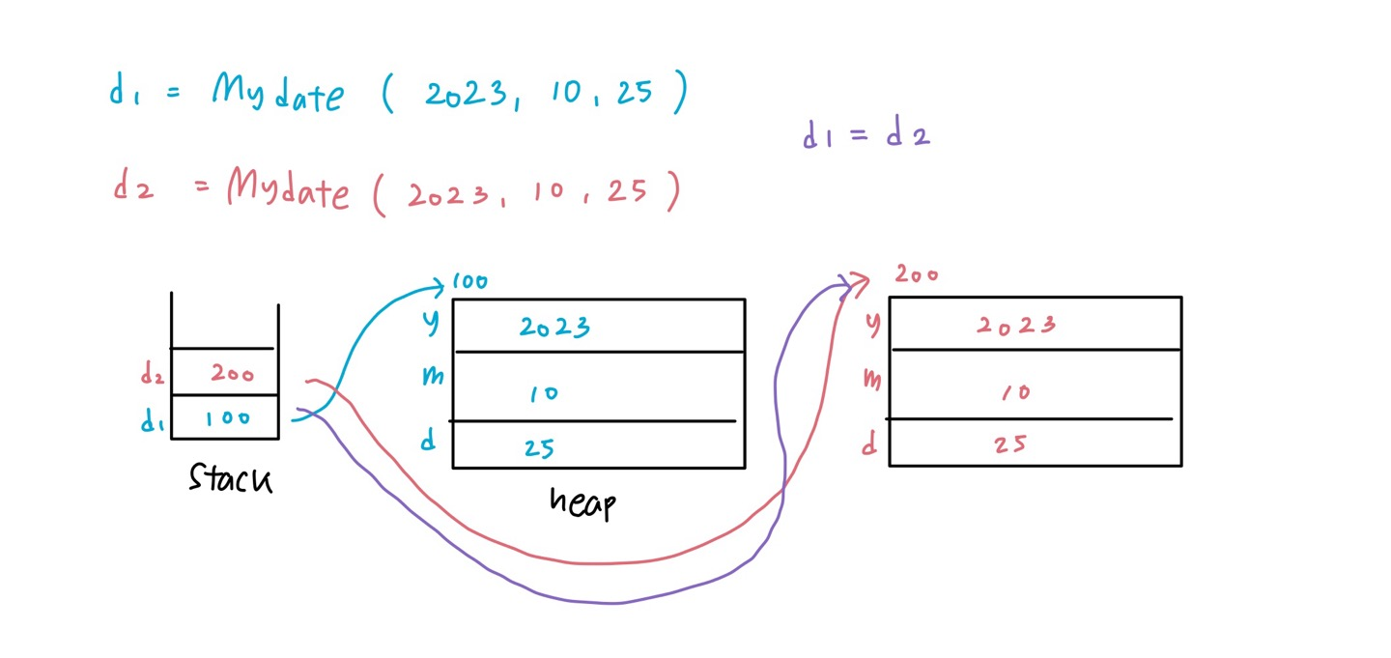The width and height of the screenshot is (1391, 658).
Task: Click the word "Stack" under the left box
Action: point(230,478)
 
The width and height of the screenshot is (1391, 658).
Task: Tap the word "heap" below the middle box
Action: point(582,502)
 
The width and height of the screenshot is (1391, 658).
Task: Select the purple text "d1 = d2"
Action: point(866,135)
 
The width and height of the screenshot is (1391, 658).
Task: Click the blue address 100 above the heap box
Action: point(470,282)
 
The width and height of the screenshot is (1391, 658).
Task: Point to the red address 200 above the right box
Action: point(916,273)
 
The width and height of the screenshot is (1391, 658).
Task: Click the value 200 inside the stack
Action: point(232,374)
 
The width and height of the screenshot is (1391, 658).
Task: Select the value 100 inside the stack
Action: point(227,418)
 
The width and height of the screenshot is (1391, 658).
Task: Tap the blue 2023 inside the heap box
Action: point(554,327)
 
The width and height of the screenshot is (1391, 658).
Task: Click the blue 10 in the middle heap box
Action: point(544,394)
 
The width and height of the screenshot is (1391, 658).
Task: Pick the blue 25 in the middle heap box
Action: point(539,448)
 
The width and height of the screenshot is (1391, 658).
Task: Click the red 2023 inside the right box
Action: point(1015,325)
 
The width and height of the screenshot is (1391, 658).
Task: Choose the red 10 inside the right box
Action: point(1015,392)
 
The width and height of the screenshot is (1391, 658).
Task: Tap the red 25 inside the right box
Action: point(1010,444)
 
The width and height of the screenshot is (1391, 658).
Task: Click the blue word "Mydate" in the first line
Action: point(277,95)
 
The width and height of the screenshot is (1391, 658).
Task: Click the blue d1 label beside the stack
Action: point(152,421)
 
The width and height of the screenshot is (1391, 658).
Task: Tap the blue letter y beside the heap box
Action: point(431,323)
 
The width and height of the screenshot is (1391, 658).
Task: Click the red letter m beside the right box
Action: point(871,380)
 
